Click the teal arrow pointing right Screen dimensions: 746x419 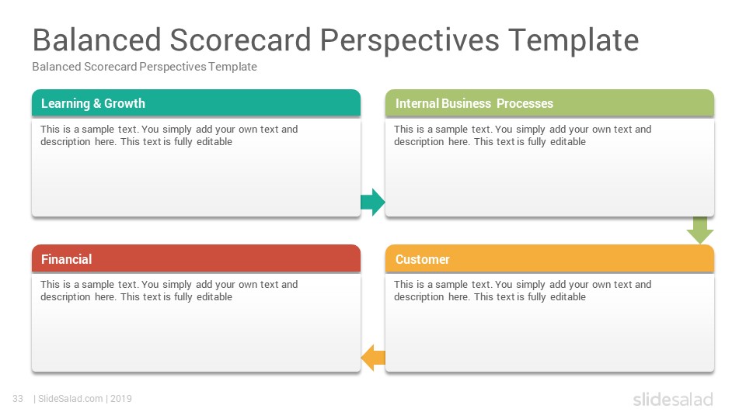(372, 202)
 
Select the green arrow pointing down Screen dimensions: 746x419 (700, 230)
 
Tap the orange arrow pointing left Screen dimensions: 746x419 (373, 358)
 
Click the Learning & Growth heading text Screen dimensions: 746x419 (93, 103)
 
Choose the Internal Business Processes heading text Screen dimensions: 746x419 (474, 103)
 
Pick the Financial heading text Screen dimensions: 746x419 (67, 259)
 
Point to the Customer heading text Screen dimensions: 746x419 (423, 259)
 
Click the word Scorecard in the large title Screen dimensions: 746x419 (240, 40)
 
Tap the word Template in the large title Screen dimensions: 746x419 (573, 40)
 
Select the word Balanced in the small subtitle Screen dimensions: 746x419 (57, 67)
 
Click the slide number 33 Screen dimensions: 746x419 (18, 399)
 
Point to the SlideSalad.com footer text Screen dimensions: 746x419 (71, 399)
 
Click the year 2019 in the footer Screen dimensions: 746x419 (121, 399)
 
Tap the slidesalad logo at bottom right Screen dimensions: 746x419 (673, 399)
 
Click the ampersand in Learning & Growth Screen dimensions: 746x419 (97, 103)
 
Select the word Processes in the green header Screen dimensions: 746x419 (525, 103)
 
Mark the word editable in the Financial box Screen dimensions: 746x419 (214, 297)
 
